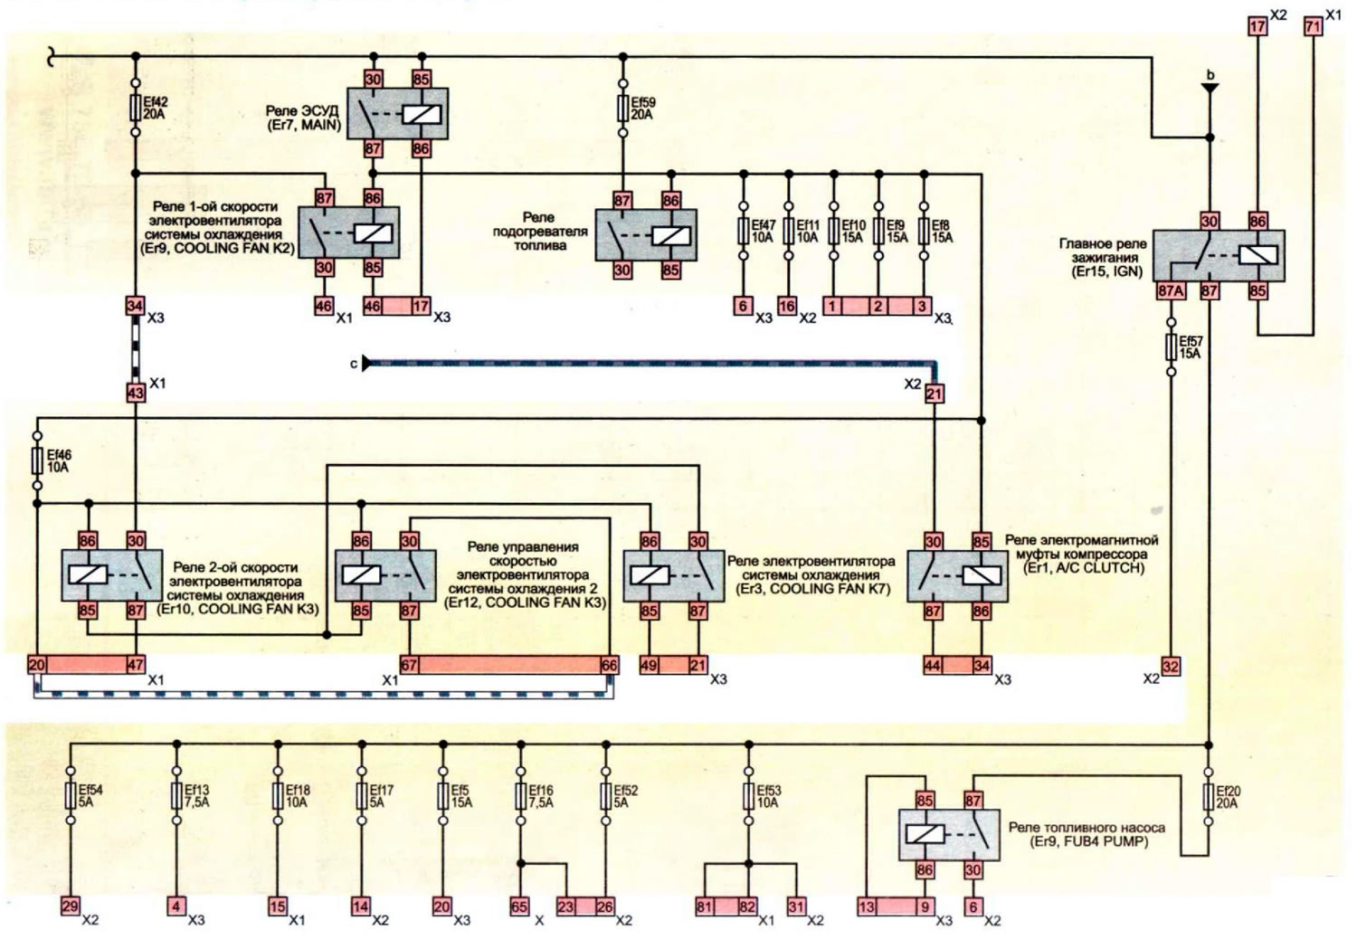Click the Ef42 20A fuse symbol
136,108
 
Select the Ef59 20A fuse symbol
622,108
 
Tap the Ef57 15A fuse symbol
1171,346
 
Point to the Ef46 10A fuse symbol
37,460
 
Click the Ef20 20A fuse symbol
1208,797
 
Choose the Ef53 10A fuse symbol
749,796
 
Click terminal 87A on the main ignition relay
1171,291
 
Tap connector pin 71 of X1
1313,26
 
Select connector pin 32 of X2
1171,667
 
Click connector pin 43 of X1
136,394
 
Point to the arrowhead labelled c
365,364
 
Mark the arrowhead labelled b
1210,89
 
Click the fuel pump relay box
949,835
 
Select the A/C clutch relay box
958,576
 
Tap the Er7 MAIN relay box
397,114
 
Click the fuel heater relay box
646,235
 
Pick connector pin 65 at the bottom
520,907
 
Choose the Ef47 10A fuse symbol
744,231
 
